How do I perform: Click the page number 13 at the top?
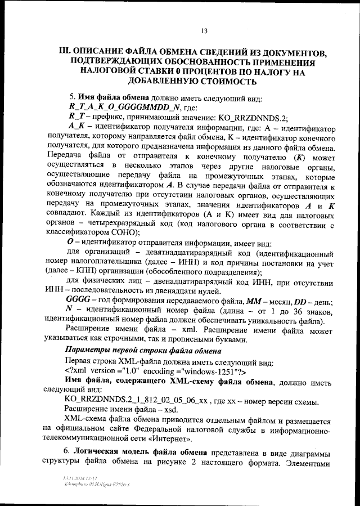point(204,30)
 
